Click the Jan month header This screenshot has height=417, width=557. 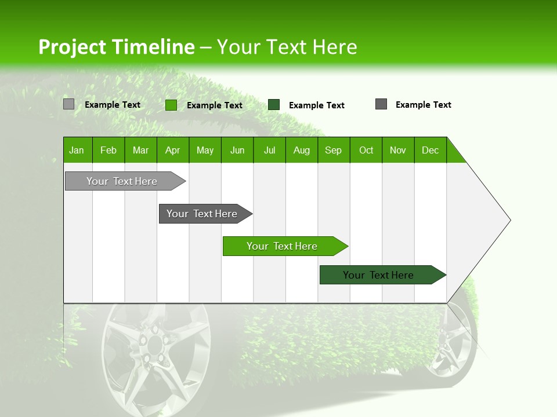(x=77, y=150)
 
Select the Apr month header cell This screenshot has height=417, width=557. (x=173, y=150)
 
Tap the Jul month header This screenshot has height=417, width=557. (x=269, y=150)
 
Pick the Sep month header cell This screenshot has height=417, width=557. (x=334, y=150)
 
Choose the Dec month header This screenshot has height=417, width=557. (x=430, y=150)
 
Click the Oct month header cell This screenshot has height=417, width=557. (x=366, y=150)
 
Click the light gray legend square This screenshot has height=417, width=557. (x=68, y=104)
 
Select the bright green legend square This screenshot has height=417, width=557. (x=171, y=105)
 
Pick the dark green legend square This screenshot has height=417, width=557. (x=274, y=105)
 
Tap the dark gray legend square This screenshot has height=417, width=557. (x=381, y=104)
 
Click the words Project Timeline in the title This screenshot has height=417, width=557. (x=116, y=47)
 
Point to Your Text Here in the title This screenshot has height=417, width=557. (x=287, y=47)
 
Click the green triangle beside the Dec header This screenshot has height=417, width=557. (x=454, y=153)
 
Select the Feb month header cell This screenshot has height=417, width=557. (x=108, y=150)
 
